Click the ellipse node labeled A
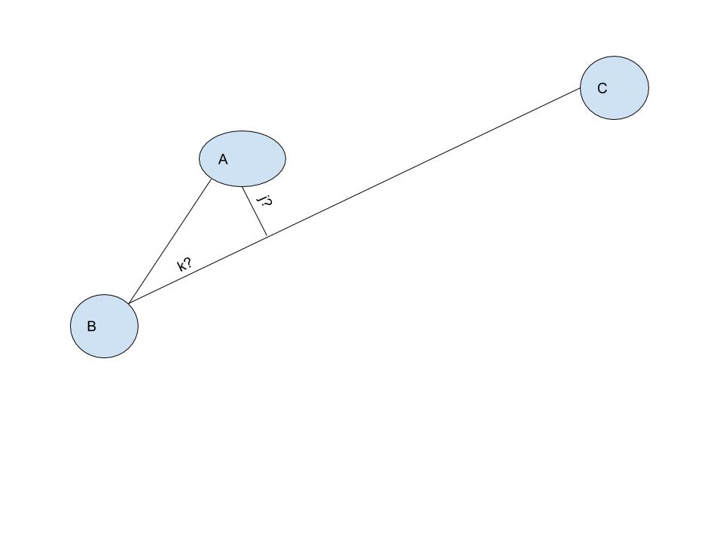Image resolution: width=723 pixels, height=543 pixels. (x=243, y=159)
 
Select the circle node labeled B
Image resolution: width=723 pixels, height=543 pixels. (x=104, y=326)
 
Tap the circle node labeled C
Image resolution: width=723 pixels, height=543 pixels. (x=615, y=87)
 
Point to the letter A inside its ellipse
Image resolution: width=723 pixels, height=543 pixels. (x=223, y=159)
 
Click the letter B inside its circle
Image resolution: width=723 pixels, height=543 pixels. (x=91, y=327)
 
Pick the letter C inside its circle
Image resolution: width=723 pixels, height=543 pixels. (x=602, y=88)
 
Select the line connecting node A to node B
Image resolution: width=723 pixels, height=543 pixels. (x=169, y=241)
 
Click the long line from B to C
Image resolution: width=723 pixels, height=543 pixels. (x=354, y=196)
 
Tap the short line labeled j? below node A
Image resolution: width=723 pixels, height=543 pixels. (x=255, y=211)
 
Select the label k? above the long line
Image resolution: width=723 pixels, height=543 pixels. (x=185, y=265)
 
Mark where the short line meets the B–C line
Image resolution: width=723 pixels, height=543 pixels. (x=267, y=236)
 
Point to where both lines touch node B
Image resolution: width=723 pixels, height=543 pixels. (x=129, y=303)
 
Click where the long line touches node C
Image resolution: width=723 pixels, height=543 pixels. (x=580, y=87)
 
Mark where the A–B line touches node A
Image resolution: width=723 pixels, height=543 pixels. (x=211, y=179)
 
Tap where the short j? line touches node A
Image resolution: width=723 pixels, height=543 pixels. (x=242, y=186)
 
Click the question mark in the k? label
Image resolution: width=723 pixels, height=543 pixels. (x=188, y=262)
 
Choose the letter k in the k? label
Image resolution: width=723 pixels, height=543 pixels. (x=182, y=267)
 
